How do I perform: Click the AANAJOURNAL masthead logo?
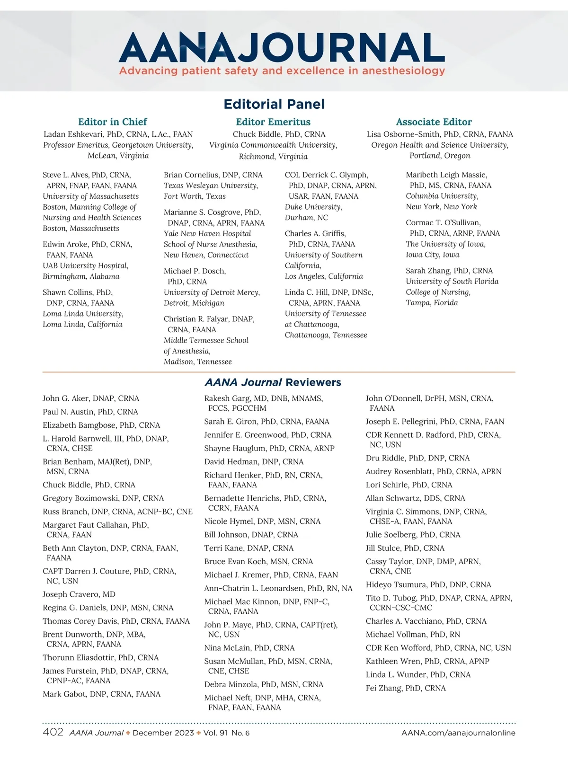tap(282, 47)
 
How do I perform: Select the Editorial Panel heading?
tap(274, 104)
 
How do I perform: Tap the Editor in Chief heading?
tap(113, 122)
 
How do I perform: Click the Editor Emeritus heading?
tap(273, 122)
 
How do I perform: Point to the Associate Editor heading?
tap(434, 122)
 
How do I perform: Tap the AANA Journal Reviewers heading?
tap(273, 382)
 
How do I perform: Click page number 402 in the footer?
tap(53, 732)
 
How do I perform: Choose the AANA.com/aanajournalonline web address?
tap(458, 733)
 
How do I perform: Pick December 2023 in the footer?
tap(163, 733)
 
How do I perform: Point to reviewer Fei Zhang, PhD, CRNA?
tap(406, 688)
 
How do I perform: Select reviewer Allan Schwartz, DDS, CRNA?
tap(415, 498)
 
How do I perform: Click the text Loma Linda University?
tap(83, 314)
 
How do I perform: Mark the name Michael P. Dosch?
tap(195, 271)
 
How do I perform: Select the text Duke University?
tap(313, 207)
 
